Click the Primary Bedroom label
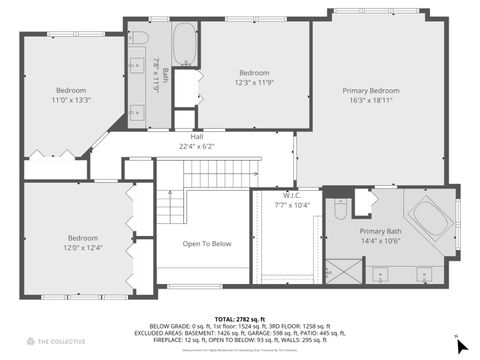coord(370,90)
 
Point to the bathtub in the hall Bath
coord(186,43)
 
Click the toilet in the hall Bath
coord(141,38)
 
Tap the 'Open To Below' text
coord(207,243)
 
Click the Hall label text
coord(197,136)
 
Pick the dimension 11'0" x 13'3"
coord(71,99)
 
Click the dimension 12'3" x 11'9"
coord(254,82)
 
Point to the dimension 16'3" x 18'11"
coord(370,100)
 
